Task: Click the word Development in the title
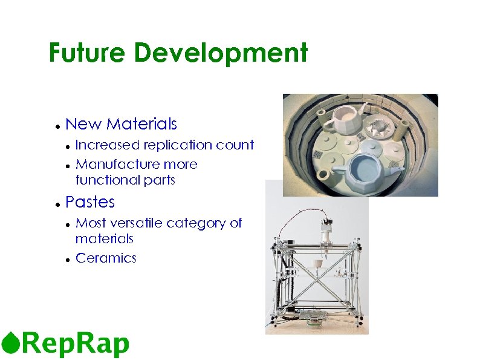click(x=221, y=53)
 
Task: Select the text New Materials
click(x=121, y=124)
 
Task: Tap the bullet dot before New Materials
click(x=56, y=126)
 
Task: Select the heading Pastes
click(x=89, y=201)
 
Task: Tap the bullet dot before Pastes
click(x=56, y=203)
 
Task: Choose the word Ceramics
click(x=106, y=258)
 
